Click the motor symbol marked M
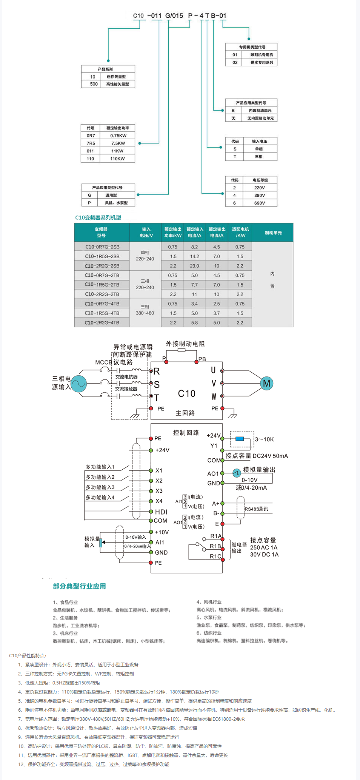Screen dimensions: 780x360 [266, 384]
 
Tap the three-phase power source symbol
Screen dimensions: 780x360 [79, 384]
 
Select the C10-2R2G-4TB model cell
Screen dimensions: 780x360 [102, 323]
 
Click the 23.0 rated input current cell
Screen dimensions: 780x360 [194, 266]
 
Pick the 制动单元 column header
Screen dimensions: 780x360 [273, 233]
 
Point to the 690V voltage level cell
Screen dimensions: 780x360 [260, 203]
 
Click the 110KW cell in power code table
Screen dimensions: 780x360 [117, 159]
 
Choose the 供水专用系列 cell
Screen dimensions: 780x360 [262, 62]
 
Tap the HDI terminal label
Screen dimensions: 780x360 [161, 512]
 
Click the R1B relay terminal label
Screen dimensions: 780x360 [215, 546]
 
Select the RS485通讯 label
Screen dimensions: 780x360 [256, 509]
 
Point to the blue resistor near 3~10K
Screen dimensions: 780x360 [240, 439]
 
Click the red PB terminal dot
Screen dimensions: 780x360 [196, 362]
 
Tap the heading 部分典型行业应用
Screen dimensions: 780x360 [79, 586]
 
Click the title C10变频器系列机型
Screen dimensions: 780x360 [98, 217]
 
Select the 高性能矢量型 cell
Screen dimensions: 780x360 [117, 84]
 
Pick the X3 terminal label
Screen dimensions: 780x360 [159, 491]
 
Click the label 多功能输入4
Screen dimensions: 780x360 [100, 498]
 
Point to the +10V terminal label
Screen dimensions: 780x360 [162, 532]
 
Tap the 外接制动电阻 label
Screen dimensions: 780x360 [185, 344]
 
